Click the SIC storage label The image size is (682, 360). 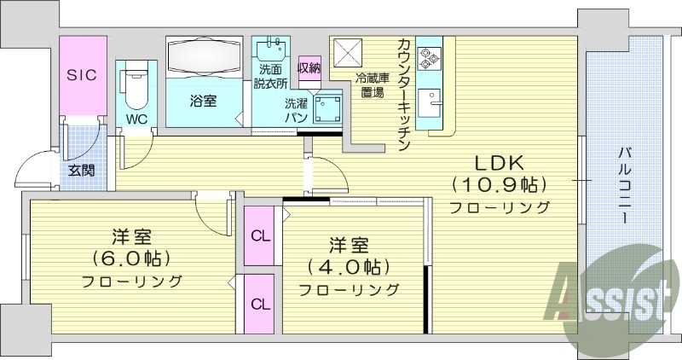pos(82,75)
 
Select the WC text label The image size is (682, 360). pos(136,119)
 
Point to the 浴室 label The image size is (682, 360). pos(203,101)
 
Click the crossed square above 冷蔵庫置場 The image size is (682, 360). pos(348,54)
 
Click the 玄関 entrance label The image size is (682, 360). pos(82,170)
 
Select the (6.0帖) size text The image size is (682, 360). pos(131,258)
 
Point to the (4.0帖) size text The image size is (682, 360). pos(349,266)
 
